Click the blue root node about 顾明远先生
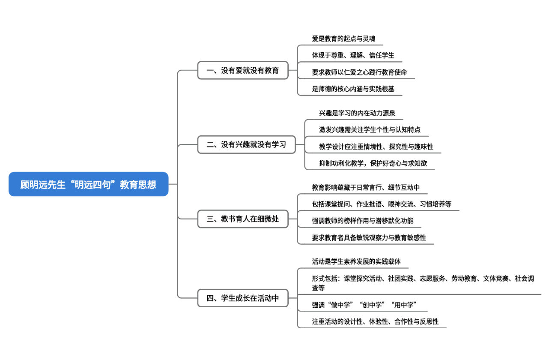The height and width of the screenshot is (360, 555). tap(88, 184)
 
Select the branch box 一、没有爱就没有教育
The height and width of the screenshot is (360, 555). tap(243, 70)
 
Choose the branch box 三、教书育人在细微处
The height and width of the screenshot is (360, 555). tap(243, 219)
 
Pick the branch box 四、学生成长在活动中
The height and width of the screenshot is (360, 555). tap(243, 298)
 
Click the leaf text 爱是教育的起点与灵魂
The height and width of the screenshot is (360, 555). tap(343, 39)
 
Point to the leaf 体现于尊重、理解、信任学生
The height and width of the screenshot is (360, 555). tap(353, 55)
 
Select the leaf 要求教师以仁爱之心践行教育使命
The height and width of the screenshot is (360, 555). tap(359, 72)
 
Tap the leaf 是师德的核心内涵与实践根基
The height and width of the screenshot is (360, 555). tap(353, 89)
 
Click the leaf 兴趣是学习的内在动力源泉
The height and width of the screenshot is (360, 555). tap(357, 113)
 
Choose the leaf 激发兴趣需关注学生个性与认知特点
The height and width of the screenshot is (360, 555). tap(370, 129)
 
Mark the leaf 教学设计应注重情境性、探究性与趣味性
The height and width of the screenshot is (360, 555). tap(376, 147)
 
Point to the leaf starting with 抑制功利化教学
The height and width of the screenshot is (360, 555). tap(373, 163)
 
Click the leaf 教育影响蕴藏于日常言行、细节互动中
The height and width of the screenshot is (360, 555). tap(366, 187)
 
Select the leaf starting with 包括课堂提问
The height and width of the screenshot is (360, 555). tap(382, 204)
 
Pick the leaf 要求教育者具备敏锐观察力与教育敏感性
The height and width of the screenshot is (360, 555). tap(369, 237)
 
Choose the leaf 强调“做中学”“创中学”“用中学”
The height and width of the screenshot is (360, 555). tap(364, 305)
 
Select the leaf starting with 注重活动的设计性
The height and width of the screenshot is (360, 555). tap(375, 321)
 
